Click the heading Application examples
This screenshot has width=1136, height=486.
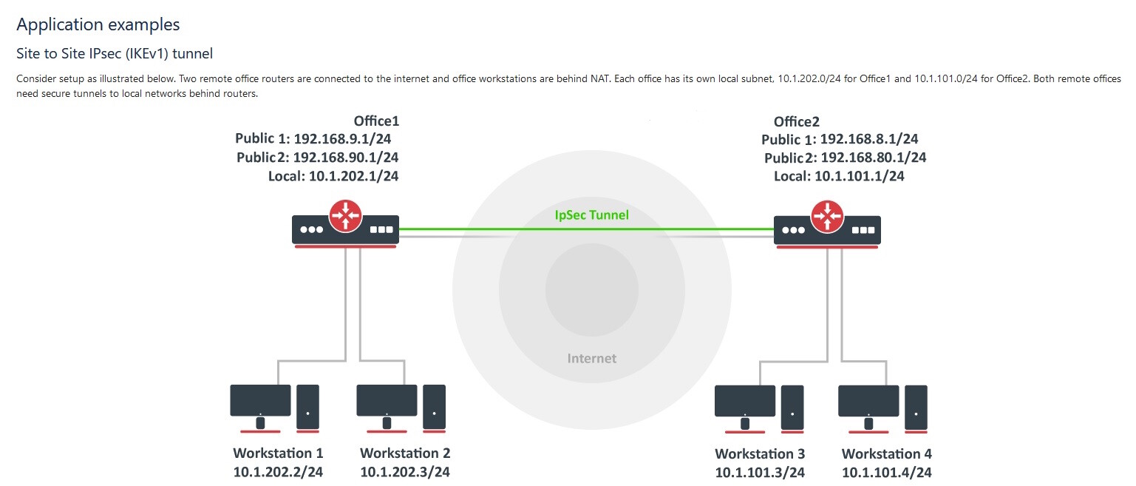98,24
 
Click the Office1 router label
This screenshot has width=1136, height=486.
376,121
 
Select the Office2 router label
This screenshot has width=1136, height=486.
796,122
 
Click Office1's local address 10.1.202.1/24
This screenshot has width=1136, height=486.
347,175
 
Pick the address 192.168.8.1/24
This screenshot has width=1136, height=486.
870,139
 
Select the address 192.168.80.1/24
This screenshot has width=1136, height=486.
874,158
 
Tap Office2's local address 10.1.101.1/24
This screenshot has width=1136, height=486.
859,176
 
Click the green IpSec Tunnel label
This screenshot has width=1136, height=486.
591,216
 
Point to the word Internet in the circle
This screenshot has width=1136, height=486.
591,359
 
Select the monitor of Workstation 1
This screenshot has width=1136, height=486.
260,400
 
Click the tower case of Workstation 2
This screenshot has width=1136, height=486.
434,406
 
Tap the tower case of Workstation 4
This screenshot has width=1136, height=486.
916,408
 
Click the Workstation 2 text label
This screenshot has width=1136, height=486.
404,453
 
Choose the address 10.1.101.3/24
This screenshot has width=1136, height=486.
760,473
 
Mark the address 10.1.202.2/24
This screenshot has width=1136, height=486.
278,472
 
